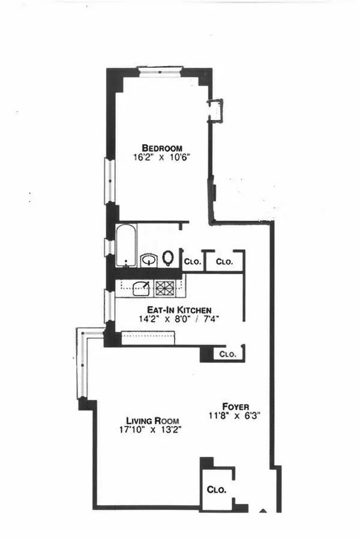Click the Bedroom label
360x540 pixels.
(x=162, y=148)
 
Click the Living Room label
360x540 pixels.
(x=149, y=420)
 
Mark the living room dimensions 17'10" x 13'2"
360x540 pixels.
(x=149, y=430)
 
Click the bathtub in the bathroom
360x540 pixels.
(x=126, y=246)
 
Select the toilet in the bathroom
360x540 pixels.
(x=169, y=259)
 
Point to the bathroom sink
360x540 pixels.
(x=148, y=260)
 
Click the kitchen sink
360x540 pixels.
(x=142, y=289)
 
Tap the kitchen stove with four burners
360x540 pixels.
(x=165, y=289)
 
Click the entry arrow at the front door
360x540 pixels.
(x=262, y=511)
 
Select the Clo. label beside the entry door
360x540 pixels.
(x=217, y=490)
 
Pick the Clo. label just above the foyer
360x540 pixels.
(x=227, y=354)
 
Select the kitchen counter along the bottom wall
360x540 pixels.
(x=148, y=338)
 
